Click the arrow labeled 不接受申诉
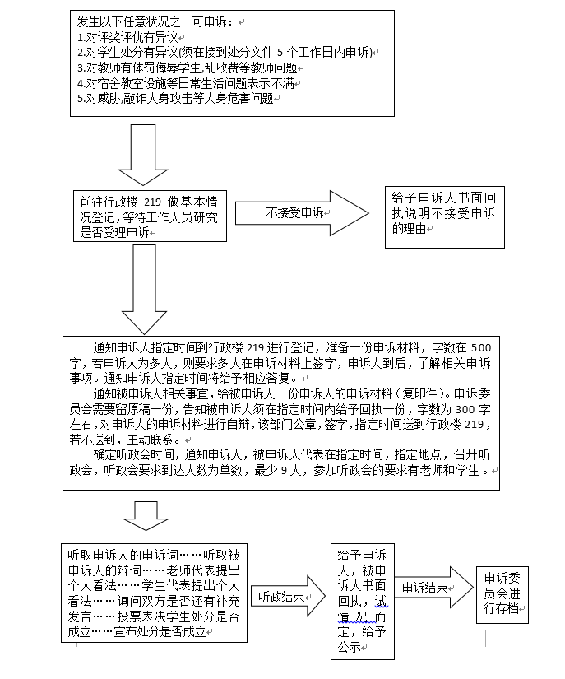(302, 213)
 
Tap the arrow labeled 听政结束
(288, 596)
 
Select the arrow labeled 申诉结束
(434, 588)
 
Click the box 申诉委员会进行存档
(502, 594)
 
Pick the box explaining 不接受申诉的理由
(445, 217)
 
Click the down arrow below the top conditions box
(143, 155)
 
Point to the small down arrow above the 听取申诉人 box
(146, 516)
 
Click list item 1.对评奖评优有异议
(128, 37)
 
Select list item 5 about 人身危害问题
(176, 99)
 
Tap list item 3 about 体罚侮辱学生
(188, 68)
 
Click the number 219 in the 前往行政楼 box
(152, 202)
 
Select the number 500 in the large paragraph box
(481, 347)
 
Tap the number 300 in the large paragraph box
(465, 409)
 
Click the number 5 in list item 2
(280, 53)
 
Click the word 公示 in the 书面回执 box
(350, 647)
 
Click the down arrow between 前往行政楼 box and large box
(145, 289)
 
